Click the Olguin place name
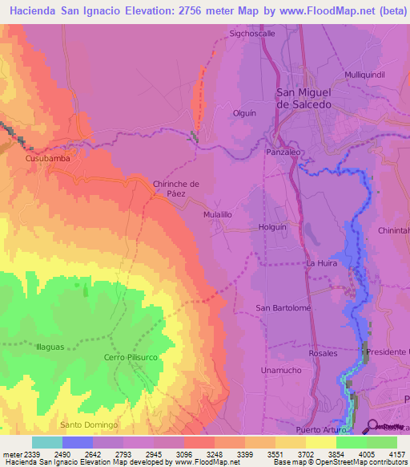(243, 113)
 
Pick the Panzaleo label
(283, 151)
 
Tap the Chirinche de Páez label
(176, 189)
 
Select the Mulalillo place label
(217, 215)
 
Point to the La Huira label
(320, 263)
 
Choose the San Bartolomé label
(283, 307)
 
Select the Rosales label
(323, 353)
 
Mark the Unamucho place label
(280, 370)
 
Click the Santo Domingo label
(89, 424)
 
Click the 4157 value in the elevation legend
(396, 455)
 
